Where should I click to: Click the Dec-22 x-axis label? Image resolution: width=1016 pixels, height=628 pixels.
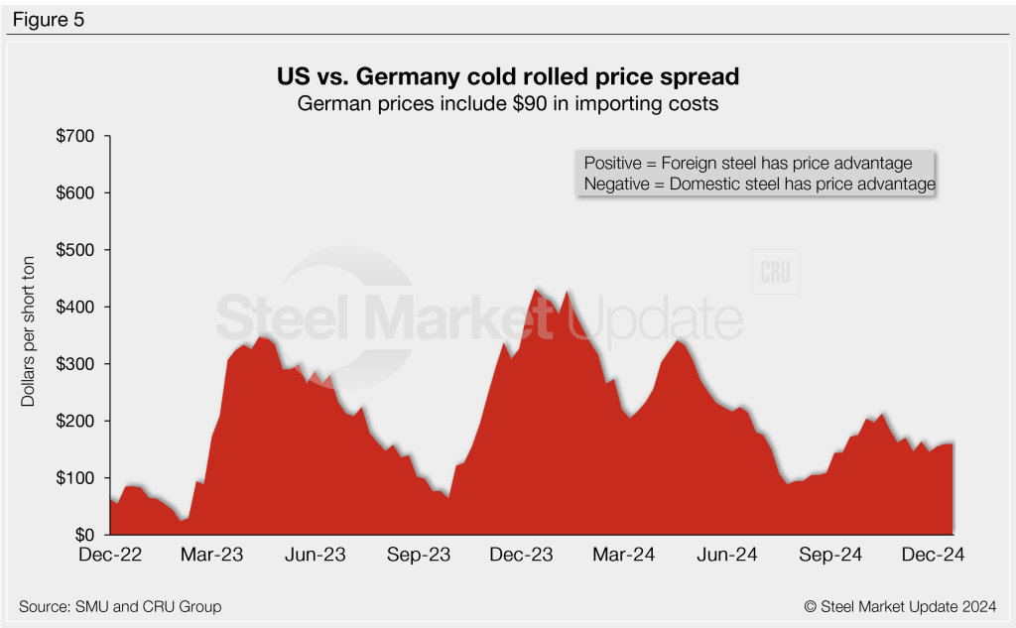[110, 555]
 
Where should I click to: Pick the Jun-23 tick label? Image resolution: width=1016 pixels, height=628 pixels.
[315, 555]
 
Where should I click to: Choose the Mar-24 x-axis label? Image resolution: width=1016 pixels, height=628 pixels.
[624, 555]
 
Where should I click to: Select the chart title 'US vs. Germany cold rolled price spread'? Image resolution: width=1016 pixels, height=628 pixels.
[507, 76]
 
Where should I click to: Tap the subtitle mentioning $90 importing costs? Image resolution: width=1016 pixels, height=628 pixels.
[507, 103]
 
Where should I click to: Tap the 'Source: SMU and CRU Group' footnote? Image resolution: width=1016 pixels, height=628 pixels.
[120, 606]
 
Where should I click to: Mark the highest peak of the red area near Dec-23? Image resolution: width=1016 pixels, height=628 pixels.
[537, 289]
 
